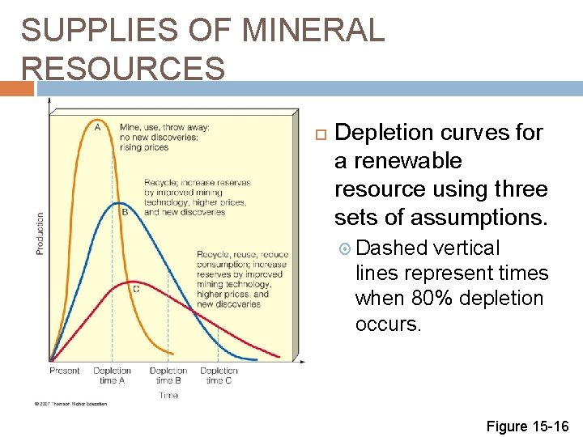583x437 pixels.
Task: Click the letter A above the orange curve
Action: (98, 126)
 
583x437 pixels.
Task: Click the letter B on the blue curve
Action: (124, 213)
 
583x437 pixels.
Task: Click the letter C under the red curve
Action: (135, 289)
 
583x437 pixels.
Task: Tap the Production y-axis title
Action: (40, 234)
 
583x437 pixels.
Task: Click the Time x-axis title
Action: (168, 395)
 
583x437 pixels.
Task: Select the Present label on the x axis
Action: (65, 371)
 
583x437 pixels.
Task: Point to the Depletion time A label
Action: (113, 375)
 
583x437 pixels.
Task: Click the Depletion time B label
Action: (168, 375)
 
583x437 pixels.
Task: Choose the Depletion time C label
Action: (219, 375)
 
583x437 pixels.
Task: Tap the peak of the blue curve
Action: (119, 203)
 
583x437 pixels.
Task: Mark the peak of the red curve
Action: (134, 281)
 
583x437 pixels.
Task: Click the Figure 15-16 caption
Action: (528, 426)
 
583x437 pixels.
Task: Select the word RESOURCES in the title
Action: (123, 69)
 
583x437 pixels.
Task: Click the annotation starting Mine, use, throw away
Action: (164, 137)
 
